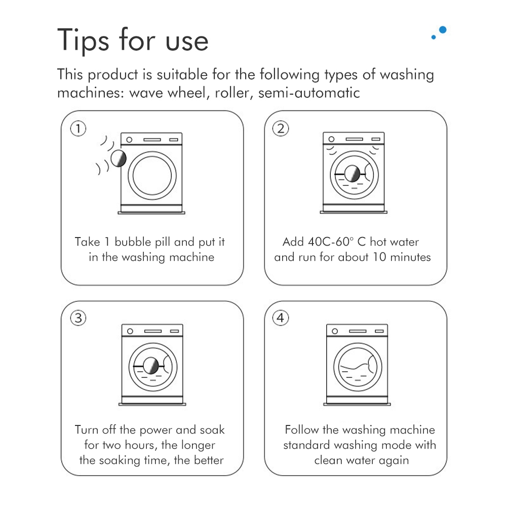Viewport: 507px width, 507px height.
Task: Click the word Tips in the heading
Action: click(83, 40)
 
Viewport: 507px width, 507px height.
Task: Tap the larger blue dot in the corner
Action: click(443, 30)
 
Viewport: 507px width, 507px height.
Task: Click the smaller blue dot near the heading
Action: click(434, 37)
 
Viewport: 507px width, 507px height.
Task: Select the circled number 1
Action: click(78, 128)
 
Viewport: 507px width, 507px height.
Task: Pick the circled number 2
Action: click(280, 128)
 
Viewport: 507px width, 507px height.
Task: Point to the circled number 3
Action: click(78, 318)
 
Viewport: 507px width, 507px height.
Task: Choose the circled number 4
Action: click(280, 318)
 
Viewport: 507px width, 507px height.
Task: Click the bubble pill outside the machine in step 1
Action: click(119, 159)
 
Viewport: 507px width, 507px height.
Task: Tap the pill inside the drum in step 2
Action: click(352, 174)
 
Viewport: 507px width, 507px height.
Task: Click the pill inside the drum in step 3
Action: click(150, 366)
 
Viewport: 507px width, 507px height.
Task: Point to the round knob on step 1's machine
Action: click(129, 140)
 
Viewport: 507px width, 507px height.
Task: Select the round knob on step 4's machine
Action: click(335, 331)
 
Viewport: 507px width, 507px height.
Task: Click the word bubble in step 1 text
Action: click(133, 242)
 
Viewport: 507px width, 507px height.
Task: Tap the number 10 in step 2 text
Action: click(379, 257)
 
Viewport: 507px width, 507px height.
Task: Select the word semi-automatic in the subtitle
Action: click(309, 93)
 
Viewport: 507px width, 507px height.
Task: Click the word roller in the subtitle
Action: click(232, 93)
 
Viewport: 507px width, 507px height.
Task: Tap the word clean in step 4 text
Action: click(328, 460)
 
